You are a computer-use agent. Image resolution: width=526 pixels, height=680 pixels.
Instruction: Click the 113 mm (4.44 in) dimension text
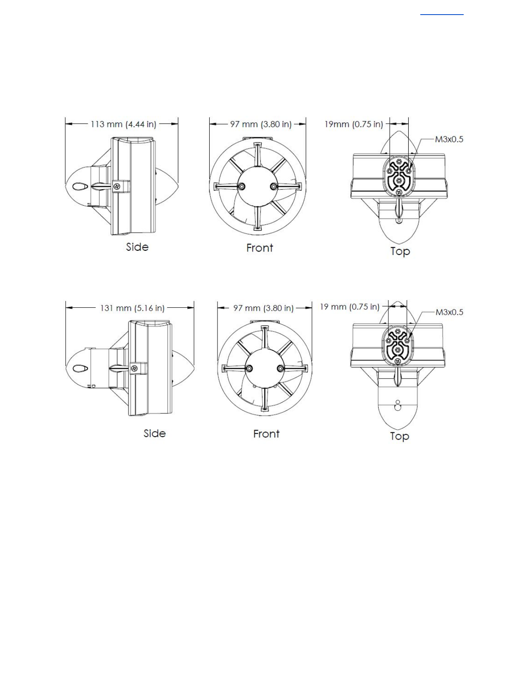tap(123, 124)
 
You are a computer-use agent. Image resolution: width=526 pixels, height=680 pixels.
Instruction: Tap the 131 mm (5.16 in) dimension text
tap(132, 308)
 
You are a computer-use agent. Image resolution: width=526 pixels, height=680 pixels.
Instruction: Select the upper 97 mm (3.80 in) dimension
tap(261, 124)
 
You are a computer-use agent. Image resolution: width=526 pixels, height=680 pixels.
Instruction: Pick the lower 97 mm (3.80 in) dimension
tap(263, 308)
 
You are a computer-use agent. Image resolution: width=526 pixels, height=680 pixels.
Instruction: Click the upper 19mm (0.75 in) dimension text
tap(354, 124)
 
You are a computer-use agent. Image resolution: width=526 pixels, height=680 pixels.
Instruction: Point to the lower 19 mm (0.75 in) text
tap(350, 307)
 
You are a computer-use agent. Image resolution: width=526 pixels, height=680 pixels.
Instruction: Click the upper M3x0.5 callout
tap(449, 139)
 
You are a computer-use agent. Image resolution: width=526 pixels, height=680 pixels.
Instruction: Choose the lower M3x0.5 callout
tap(449, 312)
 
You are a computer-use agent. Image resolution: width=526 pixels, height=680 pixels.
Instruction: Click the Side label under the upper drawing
tap(137, 247)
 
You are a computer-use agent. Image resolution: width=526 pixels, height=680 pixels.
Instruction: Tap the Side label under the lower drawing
tap(154, 433)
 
